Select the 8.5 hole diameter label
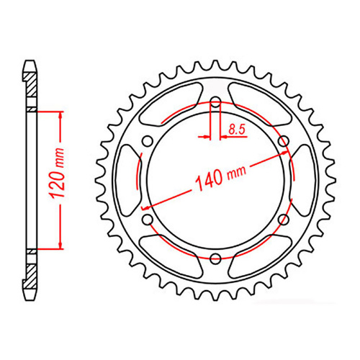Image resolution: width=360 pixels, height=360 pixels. coord(235,130)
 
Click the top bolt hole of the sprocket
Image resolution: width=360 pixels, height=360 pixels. coord(215,102)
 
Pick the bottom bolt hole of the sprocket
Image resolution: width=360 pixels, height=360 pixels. coord(215,257)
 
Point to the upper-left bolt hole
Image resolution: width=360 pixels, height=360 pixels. coord(148,140)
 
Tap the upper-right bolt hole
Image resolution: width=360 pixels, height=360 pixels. coord(283,140)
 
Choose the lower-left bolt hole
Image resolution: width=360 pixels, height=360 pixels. coord(148,218)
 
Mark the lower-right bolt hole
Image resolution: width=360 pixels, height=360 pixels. coord(283,218)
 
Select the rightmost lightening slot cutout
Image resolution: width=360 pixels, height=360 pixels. coord(302,179)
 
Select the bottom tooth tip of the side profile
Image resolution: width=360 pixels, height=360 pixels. coord(30,294)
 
